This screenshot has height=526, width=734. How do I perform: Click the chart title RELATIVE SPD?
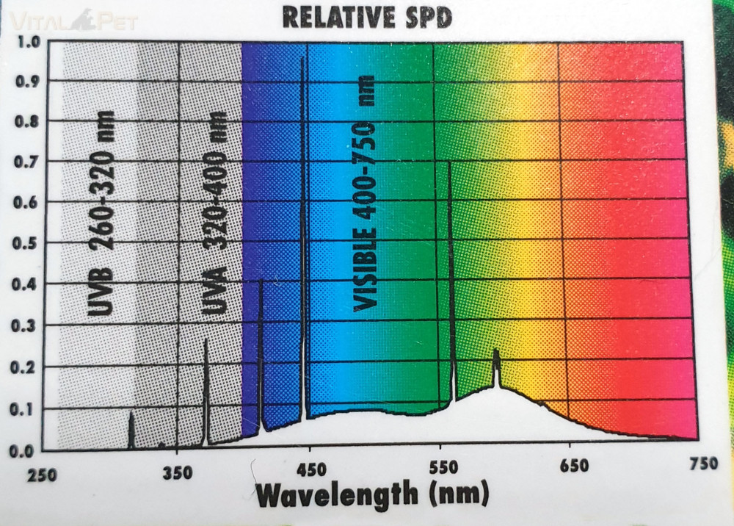(x=366, y=15)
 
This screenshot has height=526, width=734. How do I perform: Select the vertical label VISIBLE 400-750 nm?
(x=365, y=192)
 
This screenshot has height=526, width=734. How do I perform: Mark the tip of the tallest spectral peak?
(x=302, y=58)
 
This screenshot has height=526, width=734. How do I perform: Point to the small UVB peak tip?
(x=131, y=413)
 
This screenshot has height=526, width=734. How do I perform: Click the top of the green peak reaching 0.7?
(x=449, y=163)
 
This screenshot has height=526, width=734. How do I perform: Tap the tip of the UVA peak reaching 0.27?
(x=206, y=339)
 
